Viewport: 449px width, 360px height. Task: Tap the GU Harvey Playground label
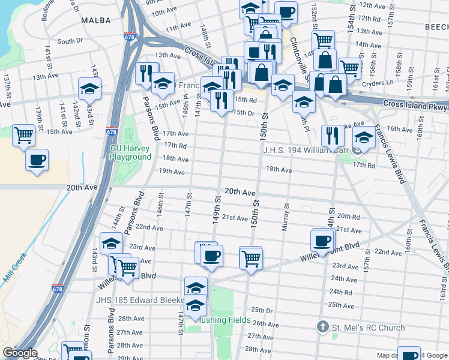(x=130, y=152)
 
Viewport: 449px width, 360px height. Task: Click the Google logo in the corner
(x=19, y=353)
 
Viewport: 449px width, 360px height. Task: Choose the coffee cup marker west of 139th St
(x=37, y=160)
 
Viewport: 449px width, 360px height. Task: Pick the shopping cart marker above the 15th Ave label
(x=23, y=136)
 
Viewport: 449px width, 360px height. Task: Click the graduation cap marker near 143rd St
(x=89, y=89)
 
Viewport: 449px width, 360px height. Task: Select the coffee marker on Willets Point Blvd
(x=322, y=241)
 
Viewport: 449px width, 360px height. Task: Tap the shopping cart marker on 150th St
(x=250, y=258)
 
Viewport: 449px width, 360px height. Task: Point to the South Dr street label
(x=70, y=41)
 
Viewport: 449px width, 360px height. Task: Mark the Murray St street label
(x=285, y=215)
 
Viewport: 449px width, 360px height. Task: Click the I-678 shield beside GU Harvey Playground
(x=111, y=131)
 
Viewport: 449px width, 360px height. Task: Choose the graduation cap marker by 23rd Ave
(x=112, y=243)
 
